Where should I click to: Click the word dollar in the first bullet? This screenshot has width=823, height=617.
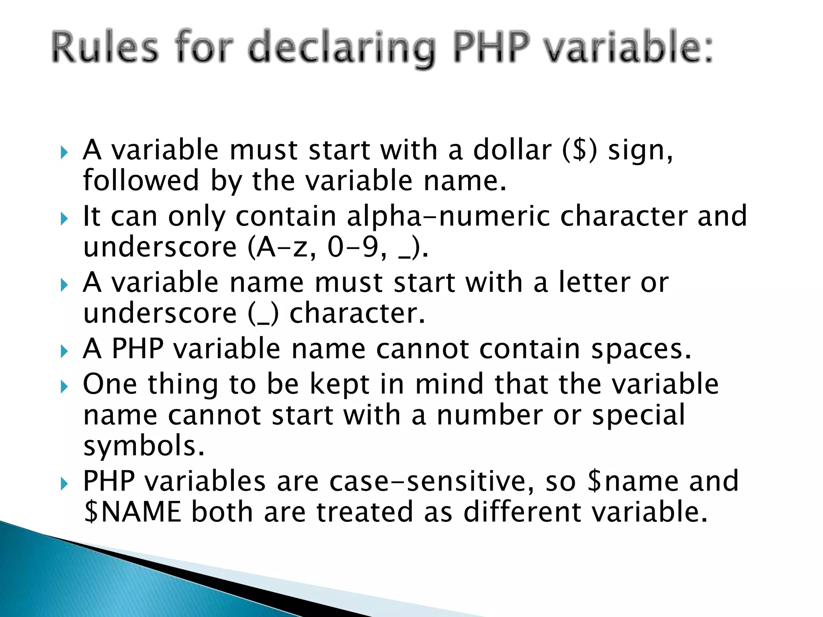tap(512, 150)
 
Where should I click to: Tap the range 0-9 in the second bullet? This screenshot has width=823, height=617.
tap(353, 247)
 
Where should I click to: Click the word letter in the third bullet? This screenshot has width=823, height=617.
tap(594, 282)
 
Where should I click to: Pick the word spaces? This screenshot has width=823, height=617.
tap(641, 349)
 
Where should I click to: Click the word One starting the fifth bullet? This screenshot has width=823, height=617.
tap(110, 384)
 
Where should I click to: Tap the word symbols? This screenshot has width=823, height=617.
tap(143, 446)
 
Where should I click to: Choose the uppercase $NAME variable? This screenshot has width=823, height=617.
tap(133, 512)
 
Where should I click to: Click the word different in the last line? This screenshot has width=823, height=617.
tap(522, 512)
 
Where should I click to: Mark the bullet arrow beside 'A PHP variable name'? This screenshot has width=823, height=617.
tap(64, 351)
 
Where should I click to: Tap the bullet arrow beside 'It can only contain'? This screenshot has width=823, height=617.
tap(64, 219)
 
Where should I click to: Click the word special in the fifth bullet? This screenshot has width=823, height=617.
tap(639, 415)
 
